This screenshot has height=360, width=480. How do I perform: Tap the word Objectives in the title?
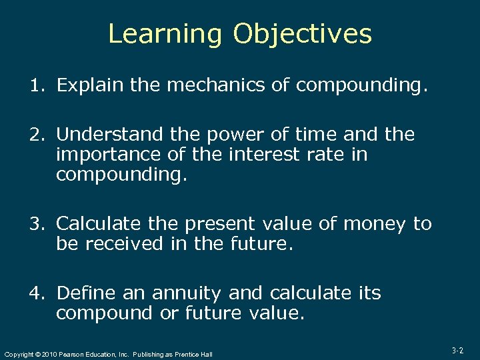(302, 34)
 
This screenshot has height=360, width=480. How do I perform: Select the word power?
(231, 135)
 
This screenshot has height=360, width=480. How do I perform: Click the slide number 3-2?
(457, 350)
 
